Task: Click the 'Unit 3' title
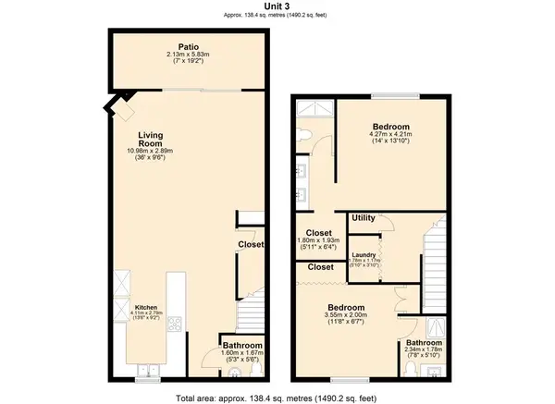click(277, 6)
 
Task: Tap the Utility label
click(364, 218)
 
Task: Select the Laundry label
click(365, 253)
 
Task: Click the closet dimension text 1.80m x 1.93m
click(317, 242)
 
